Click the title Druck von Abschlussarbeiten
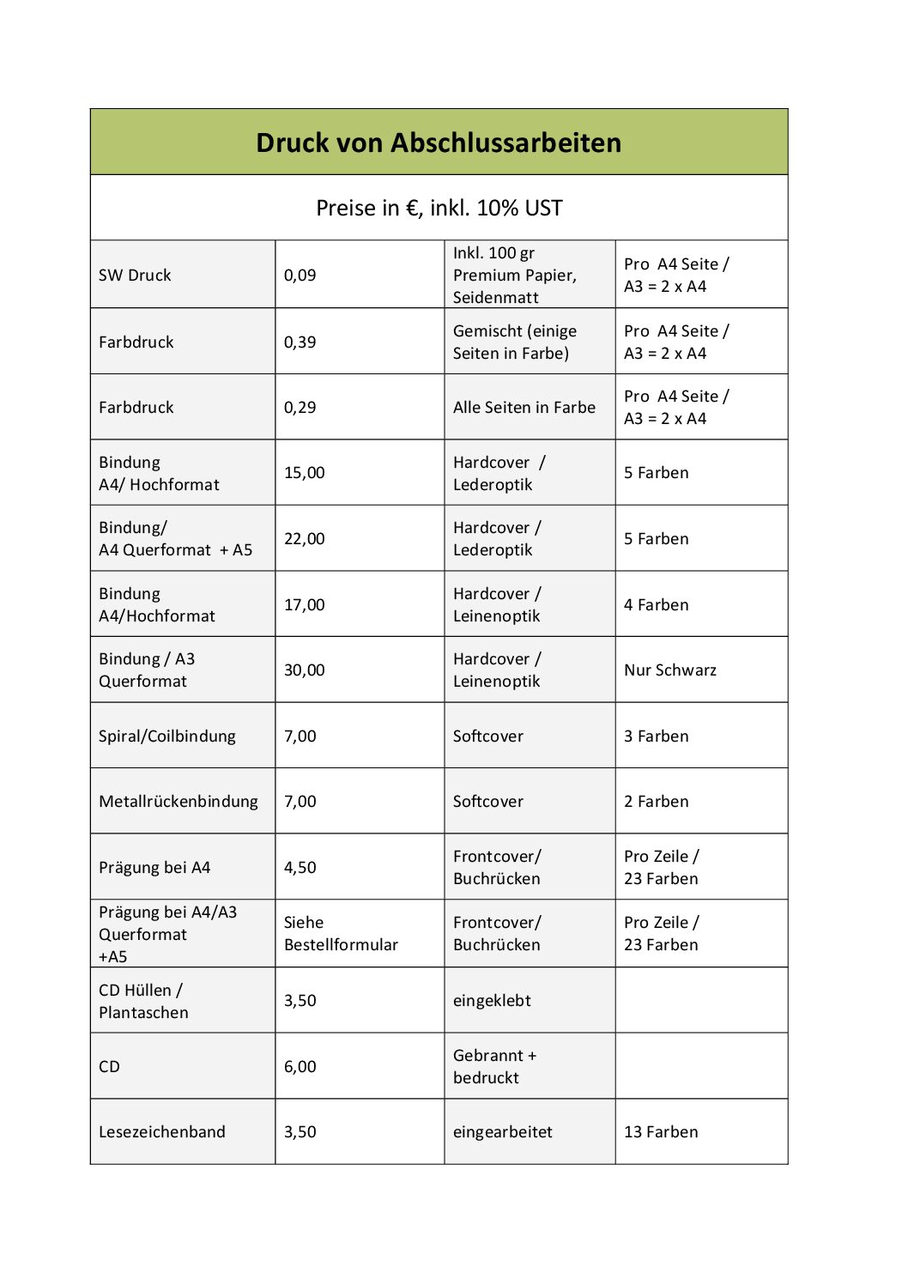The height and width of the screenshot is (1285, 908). pos(439,142)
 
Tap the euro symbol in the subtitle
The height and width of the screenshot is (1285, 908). pos(412,209)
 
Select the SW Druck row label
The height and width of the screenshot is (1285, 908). pos(135,276)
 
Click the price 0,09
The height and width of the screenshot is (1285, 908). pos(300,276)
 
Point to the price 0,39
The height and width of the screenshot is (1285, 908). pos(300,342)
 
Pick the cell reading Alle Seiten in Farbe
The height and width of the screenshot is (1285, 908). pos(524,408)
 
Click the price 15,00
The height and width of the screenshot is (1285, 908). pos(304,473)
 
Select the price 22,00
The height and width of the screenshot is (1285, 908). pos(304,539)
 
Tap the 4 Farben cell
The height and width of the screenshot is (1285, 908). pos(656,605)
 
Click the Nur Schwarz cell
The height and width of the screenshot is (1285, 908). pos(669,670)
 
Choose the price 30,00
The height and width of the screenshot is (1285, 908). pos(304,670)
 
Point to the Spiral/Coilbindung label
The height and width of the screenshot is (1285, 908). pos(166,736)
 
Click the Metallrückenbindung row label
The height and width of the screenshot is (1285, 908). pos(178,802)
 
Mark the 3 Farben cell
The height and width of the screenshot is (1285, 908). pos(656,736)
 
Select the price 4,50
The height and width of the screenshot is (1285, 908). pos(300,868)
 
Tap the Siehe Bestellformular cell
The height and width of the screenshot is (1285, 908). pos(341,934)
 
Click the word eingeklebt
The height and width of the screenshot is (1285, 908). pos(492,1001)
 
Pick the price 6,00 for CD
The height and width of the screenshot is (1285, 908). pos(300,1067)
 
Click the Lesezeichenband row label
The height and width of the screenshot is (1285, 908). pos(161,1132)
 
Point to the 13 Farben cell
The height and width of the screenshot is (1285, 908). pos(660,1132)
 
